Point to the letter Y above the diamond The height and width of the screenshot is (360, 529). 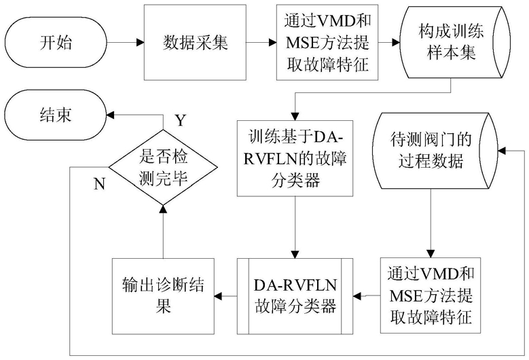pos(181,120)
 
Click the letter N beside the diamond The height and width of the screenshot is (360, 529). pos(99,184)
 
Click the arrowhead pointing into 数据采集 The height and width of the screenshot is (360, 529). pos(141,43)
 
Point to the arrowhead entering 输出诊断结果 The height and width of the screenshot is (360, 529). pos(218,296)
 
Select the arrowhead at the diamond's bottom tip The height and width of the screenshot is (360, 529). pos(163,209)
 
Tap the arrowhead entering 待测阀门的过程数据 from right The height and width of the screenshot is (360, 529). pos(502,151)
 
